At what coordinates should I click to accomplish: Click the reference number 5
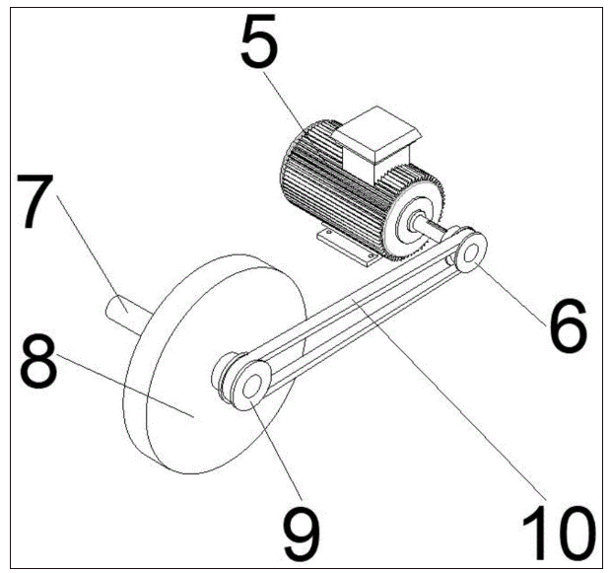(x=259, y=39)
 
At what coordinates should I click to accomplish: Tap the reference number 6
(x=568, y=326)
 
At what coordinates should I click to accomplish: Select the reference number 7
(x=34, y=201)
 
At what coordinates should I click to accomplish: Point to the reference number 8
(x=38, y=361)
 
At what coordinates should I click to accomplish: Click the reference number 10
(x=560, y=534)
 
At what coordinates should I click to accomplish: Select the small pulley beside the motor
(x=470, y=251)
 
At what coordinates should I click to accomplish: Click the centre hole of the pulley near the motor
(x=471, y=252)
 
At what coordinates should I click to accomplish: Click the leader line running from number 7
(x=93, y=253)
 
